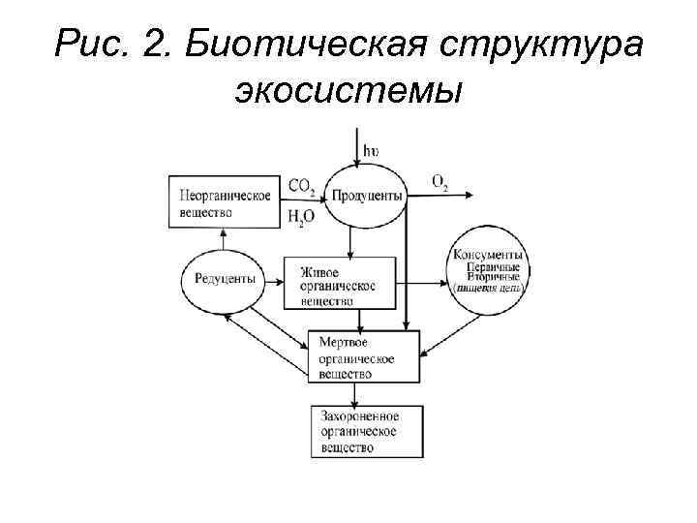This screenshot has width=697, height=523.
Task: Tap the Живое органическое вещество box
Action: click(x=340, y=282)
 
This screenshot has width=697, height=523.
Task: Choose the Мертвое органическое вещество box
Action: click(x=364, y=356)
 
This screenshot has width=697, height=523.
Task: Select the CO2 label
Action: click(x=301, y=186)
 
